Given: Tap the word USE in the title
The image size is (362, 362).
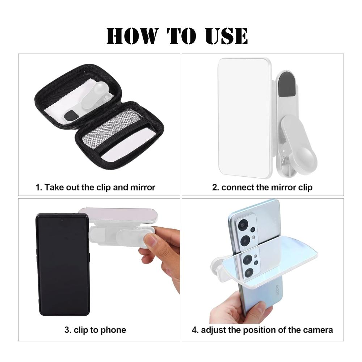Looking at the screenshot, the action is tap(227, 36).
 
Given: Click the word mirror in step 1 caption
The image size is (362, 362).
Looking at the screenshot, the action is tap(143, 187).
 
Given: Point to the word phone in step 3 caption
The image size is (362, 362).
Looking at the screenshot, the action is tap(114, 330).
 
